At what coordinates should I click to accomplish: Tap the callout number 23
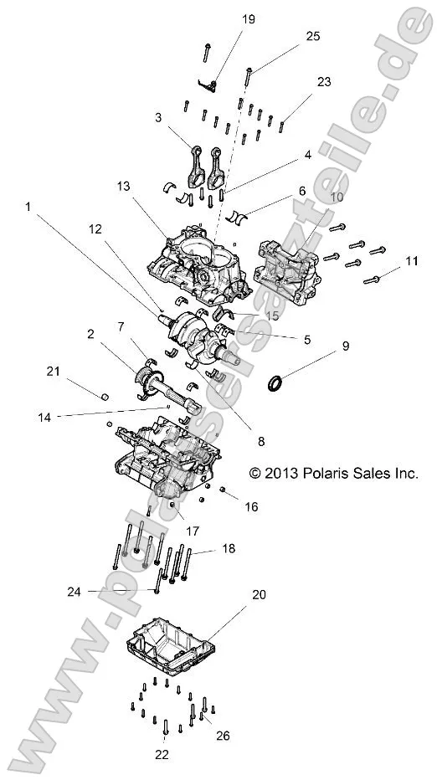click(x=324, y=82)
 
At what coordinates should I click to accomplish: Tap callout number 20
click(x=259, y=595)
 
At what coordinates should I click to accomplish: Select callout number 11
click(x=409, y=262)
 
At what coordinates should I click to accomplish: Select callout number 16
click(x=251, y=505)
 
